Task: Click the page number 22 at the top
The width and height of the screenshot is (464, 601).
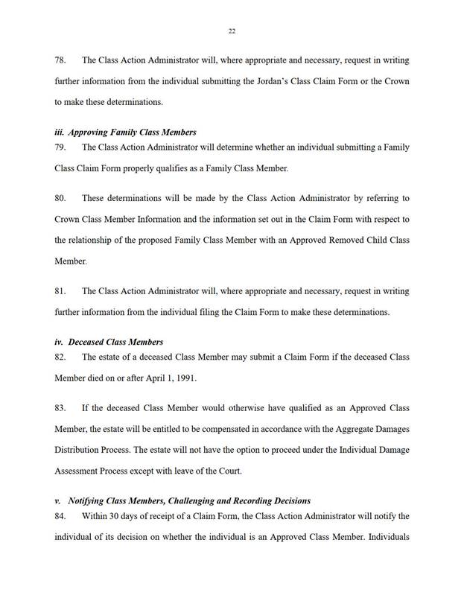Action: (x=232, y=31)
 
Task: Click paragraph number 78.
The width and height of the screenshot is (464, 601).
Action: (x=63, y=60)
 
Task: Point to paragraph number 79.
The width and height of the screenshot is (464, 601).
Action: (x=63, y=147)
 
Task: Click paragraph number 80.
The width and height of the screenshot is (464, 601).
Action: (x=63, y=200)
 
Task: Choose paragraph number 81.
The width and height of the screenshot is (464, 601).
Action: (x=63, y=291)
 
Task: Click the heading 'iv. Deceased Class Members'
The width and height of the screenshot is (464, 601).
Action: (x=109, y=342)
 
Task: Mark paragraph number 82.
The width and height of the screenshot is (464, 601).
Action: (x=63, y=357)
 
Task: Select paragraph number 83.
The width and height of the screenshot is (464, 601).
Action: (x=63, y=410)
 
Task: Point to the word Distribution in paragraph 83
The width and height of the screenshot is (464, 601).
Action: (x=77, y=451)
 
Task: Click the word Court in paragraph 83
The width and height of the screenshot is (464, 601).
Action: (x=231, y=471)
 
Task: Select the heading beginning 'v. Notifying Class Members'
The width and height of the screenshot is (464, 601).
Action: (x=182, y=500)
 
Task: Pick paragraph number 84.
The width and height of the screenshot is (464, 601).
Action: (x=63, y=516)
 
